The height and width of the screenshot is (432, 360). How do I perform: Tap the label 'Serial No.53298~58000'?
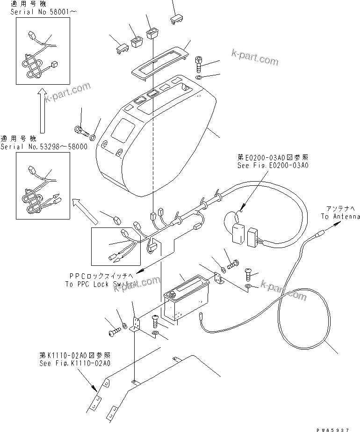44,146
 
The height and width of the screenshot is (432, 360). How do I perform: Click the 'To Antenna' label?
340,216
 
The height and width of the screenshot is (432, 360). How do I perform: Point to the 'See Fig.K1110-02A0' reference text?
75,363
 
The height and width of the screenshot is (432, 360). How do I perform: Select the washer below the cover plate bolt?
199,76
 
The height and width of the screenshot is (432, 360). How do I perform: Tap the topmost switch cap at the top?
177,19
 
